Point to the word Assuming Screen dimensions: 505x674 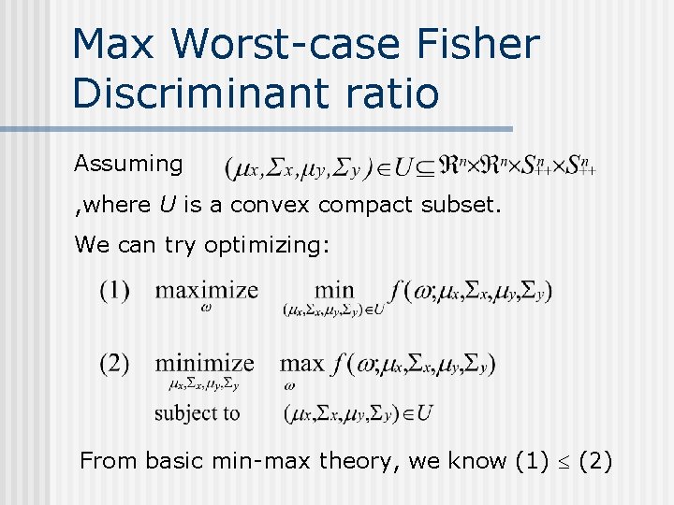[129, 164]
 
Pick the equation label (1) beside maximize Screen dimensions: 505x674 [114, 290]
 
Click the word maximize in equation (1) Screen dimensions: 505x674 [207, 290]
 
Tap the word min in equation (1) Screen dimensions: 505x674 [334, 290]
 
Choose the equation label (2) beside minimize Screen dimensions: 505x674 [114, 363]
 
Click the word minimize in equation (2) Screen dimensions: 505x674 [204, 363]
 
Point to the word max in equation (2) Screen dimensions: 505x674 [301, 363]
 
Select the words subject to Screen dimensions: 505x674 [198, 412]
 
